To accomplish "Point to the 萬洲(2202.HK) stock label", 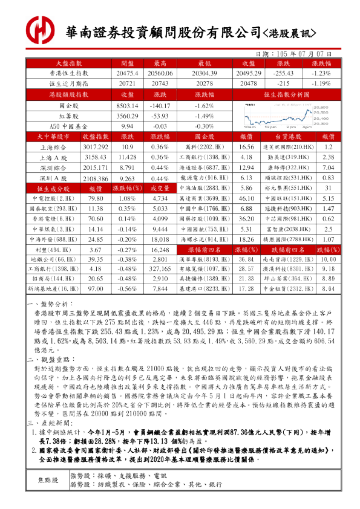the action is [201, 147].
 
